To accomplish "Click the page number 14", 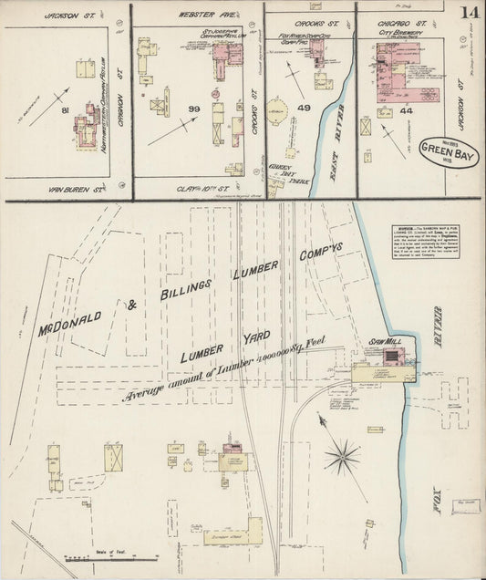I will coord(470,12).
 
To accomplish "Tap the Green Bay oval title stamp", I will coord(443,147).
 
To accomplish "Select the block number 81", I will coord(64,110).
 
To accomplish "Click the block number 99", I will coord(193,109).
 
